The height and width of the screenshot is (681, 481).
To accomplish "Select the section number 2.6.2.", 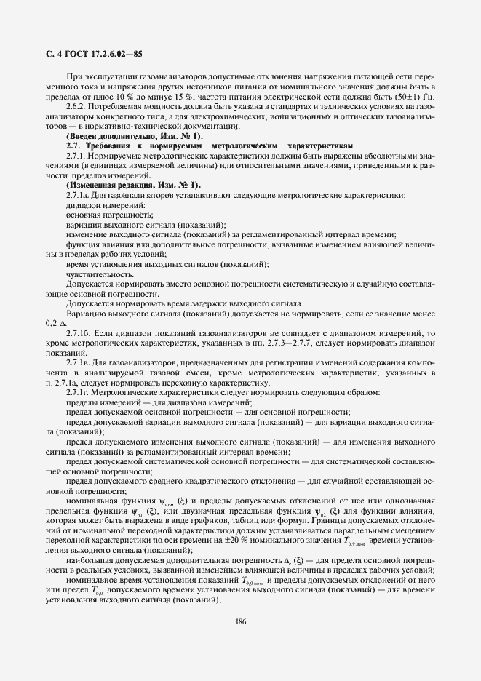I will coord(76,107).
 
